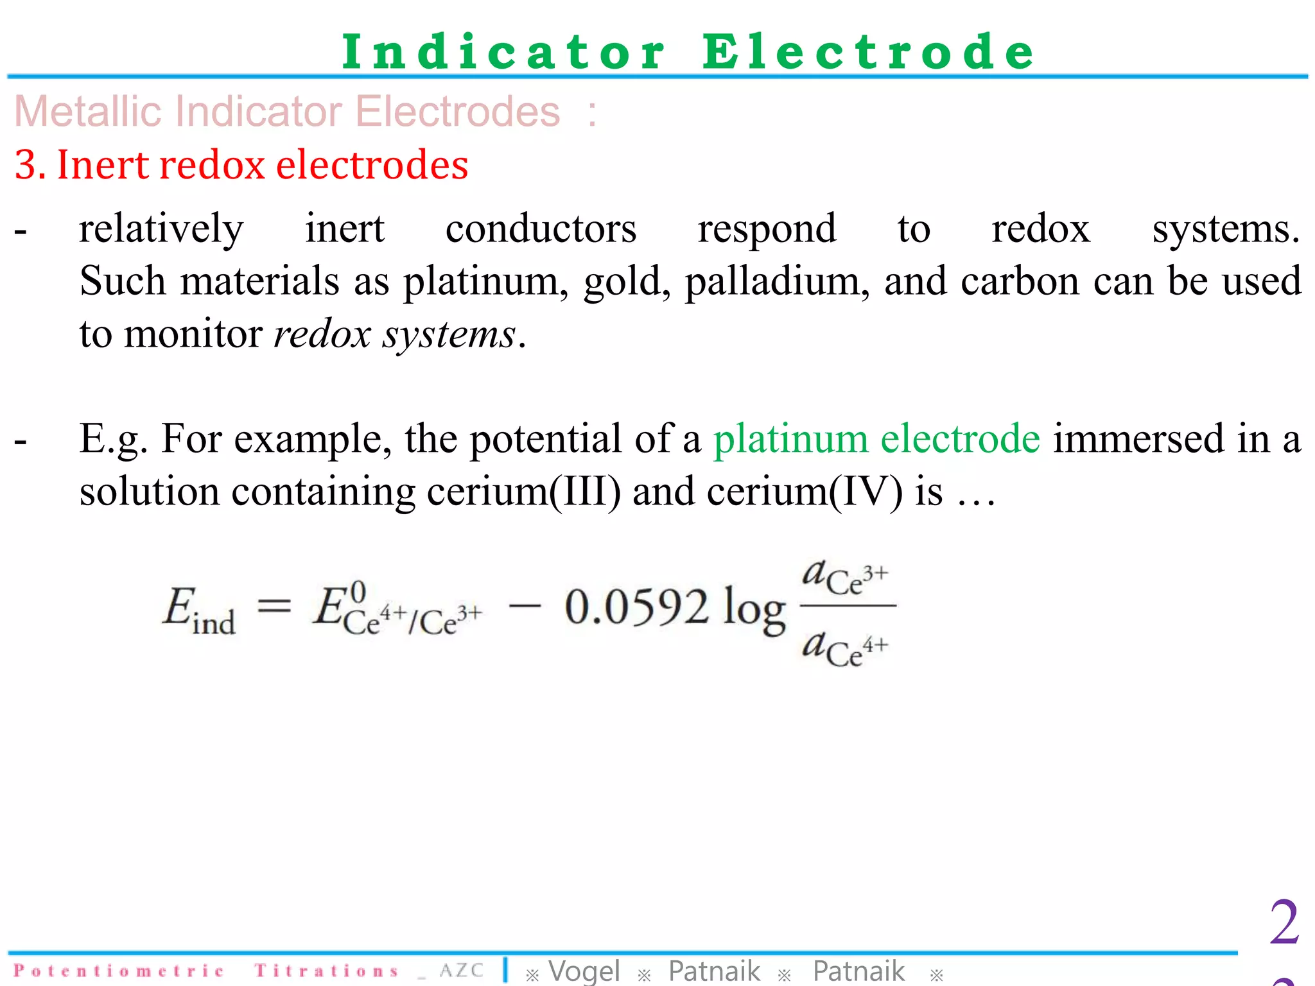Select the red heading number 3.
click(x=27, y=165)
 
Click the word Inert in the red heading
click(x=103, y=165)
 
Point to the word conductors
click(x=541, y=229)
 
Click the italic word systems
click(x=449, y=334)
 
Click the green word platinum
click(x=790, y=439)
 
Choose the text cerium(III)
click(x=524, y=492)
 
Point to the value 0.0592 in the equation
click(x=636, y=607)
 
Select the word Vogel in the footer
click(x=584, y=971)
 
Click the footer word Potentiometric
click(x=119, y=971)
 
